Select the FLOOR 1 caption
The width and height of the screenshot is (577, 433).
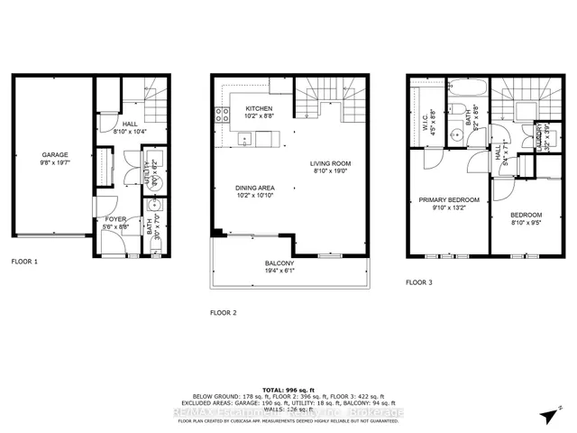(x=25, y=261)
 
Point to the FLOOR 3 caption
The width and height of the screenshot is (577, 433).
(x=418, y=282)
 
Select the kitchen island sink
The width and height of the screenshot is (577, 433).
(x=245, y=140)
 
